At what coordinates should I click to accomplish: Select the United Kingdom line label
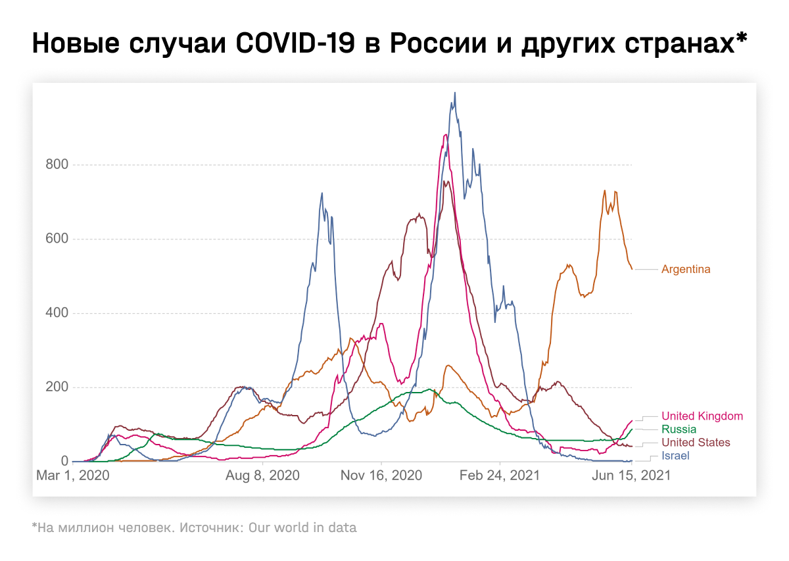click(x=702, y=416)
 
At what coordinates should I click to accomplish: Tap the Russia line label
click(x=678, y=429)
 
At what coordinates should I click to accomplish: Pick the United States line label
click(x=696, y=442)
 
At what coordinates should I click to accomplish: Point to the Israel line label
click(x=675, y=455)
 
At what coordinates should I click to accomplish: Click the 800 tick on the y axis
click(x=57, y=165)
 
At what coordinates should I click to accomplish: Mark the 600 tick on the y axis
click(x=57, y=239)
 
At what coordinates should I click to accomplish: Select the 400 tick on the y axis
click(x=57, y=313)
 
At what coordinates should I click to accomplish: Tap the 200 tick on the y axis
click(x=57, y=387)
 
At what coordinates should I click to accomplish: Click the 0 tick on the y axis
click(x=64, y=461)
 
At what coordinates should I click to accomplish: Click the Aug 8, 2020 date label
click(x=263, y=475)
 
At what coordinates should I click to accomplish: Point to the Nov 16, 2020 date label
click(x=381, y=475)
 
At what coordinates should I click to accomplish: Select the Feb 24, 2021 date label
click(x=500, y=475)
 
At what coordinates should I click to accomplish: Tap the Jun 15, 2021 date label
click(x=631, y=475)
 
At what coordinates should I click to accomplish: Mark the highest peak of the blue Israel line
click(x=454, y=93)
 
